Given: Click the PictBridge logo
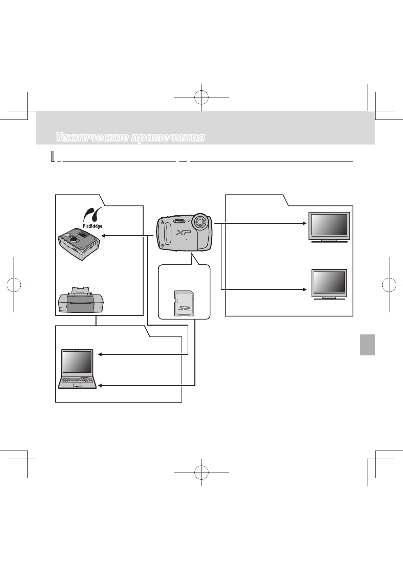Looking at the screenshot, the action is (x=92, y=218).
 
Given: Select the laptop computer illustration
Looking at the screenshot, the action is (x=77, y=369).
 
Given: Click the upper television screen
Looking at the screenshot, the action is (x=329, y=225).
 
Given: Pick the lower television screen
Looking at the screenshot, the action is (x=329, y=282).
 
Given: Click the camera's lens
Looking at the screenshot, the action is (x=199, y=222).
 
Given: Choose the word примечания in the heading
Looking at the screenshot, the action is (x=168, y=137).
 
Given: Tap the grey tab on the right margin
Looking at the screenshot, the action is (x=367, y=345).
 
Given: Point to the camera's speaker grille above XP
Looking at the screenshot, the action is (x=179, y=221).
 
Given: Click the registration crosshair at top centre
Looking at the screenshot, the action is (x=201, y=97).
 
